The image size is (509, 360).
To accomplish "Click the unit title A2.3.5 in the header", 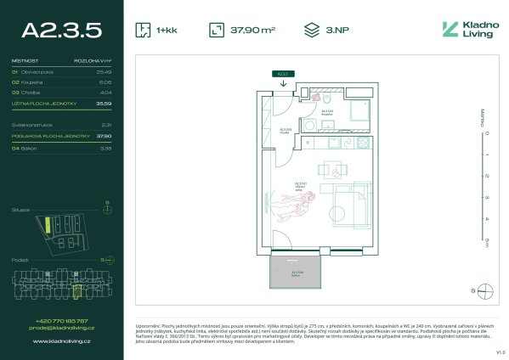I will [x=62, y=30].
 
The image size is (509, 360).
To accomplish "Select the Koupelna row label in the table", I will [x=34, y=82].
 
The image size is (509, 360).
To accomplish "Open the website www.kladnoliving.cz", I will [x=62, y=341].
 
